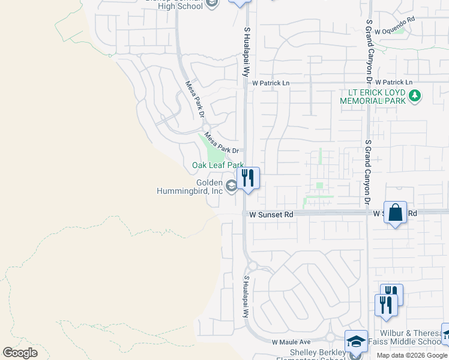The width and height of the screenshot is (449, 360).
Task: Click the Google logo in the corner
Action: point(20,353)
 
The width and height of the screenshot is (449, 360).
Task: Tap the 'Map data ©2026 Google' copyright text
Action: point(412,355)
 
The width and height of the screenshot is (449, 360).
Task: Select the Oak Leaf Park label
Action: point(217,165)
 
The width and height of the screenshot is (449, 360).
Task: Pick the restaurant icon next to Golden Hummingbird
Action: point(248,178)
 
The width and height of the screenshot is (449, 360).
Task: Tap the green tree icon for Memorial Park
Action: point(415,95)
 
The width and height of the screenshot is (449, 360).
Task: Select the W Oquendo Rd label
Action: point(394,20)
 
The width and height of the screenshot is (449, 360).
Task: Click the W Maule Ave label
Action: point(290,342)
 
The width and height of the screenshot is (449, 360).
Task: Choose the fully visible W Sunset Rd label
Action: point(268,214)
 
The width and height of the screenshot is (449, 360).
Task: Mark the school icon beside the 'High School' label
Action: point(211,4)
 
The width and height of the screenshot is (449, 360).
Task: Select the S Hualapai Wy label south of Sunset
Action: point(246,297)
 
